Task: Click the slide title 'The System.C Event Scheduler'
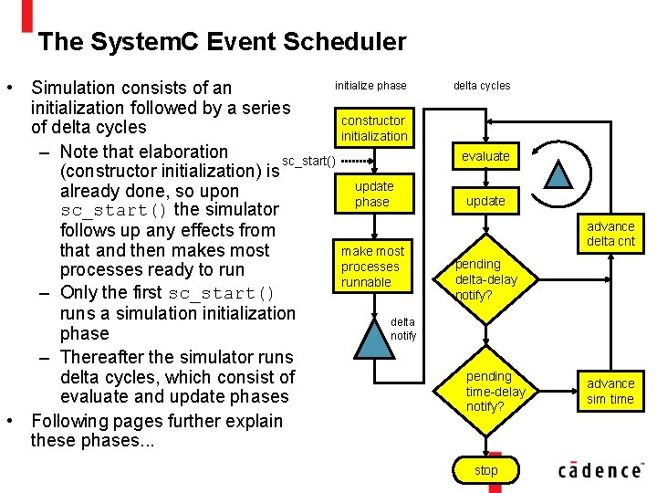click(x=223, y=41)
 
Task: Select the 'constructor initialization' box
click(x=374, y=128)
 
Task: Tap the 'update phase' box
click(x=373, y=194)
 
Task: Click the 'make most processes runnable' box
click(x=371, y=266)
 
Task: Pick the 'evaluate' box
click(x=485, y=156)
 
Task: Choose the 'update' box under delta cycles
click(x=485, y=200)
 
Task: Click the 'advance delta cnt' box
click(x=610, y=234)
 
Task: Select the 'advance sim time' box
click(x=610, y=391)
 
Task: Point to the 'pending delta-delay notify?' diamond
click(x=485, y=279)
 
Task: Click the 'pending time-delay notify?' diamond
click(x=490, y=391)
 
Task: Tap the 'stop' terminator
click(x=486, y=470)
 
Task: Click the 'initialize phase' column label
click(x=370, y=86)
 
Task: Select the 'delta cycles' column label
click(x=482, y=86)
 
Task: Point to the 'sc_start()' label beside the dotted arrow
click(x=309, y=162)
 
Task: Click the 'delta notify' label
click(x=403, y=329)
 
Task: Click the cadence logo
click(x=600, y=469)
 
